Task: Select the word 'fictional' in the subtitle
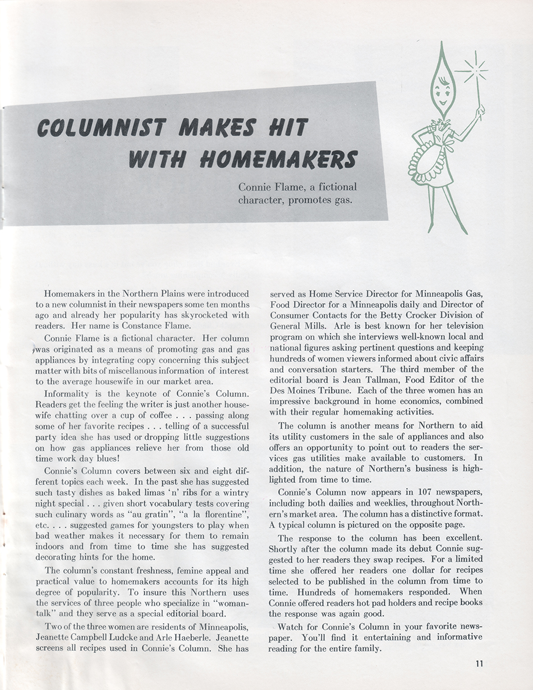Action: pos(334,187)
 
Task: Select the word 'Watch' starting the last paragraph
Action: pos(292,626)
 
